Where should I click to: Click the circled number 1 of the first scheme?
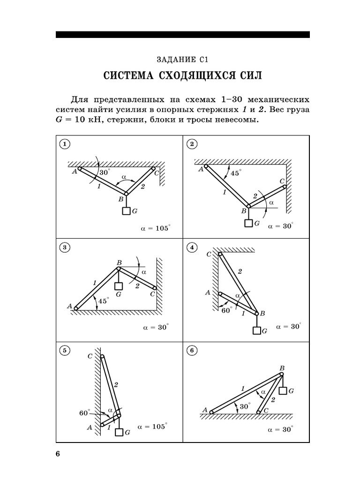coord(65,144)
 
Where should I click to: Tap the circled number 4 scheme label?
coord(192,247)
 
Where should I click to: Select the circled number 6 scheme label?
coord(192,350)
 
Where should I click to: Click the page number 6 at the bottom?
coord(58,454)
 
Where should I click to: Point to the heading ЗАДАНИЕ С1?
coord(182,60)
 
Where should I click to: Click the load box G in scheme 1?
coord(126,211)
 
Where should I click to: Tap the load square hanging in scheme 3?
coord(119,286)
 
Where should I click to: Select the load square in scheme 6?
coord(282,390)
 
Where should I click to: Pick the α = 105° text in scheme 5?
coord(152,427)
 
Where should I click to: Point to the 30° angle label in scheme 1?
coord(104,173)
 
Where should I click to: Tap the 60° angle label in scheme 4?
coord(226,309)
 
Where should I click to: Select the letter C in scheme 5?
coord(90,356)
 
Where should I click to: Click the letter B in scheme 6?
coord(282,368)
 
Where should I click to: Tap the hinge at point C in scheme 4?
coord(220,254)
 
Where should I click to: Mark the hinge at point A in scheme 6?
coord(211,412)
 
